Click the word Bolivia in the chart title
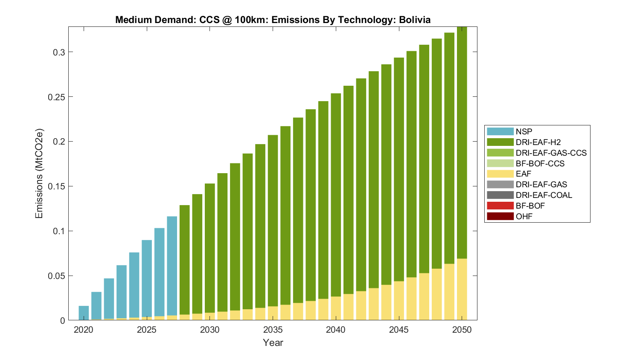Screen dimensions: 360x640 pyautogui.click(x=414, y=20)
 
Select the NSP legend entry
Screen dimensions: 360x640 pyautogui.click(x=524, y=132)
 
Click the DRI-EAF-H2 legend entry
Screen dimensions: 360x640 pyautogui.click(x=538, y=142)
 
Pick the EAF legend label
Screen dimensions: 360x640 pyautogui.click(x=524, y=174)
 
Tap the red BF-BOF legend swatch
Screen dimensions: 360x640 pyautogui.click(x=500, y=206)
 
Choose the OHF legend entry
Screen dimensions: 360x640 pyautogui.click(x=524, y=216)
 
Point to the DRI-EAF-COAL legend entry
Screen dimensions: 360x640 pyautogui.click(x=544, y=195)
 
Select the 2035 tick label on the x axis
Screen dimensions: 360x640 pyautogui.click(x=273, y=330)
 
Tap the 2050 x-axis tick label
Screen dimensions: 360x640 pyautogui.click(x=462, y=330)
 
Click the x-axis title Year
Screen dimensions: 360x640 pyautogui.click(x=273, y=343)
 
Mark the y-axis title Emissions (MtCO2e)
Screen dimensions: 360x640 pyautogui.click(x=39, y=173)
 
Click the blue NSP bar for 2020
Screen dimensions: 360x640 pyautogui.click(x=84, y=313)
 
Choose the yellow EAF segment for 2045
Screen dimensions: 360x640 pyautogui.click(x=399, y=301)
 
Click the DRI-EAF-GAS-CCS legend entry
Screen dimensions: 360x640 pyautogui.click(x=551, y=153)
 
